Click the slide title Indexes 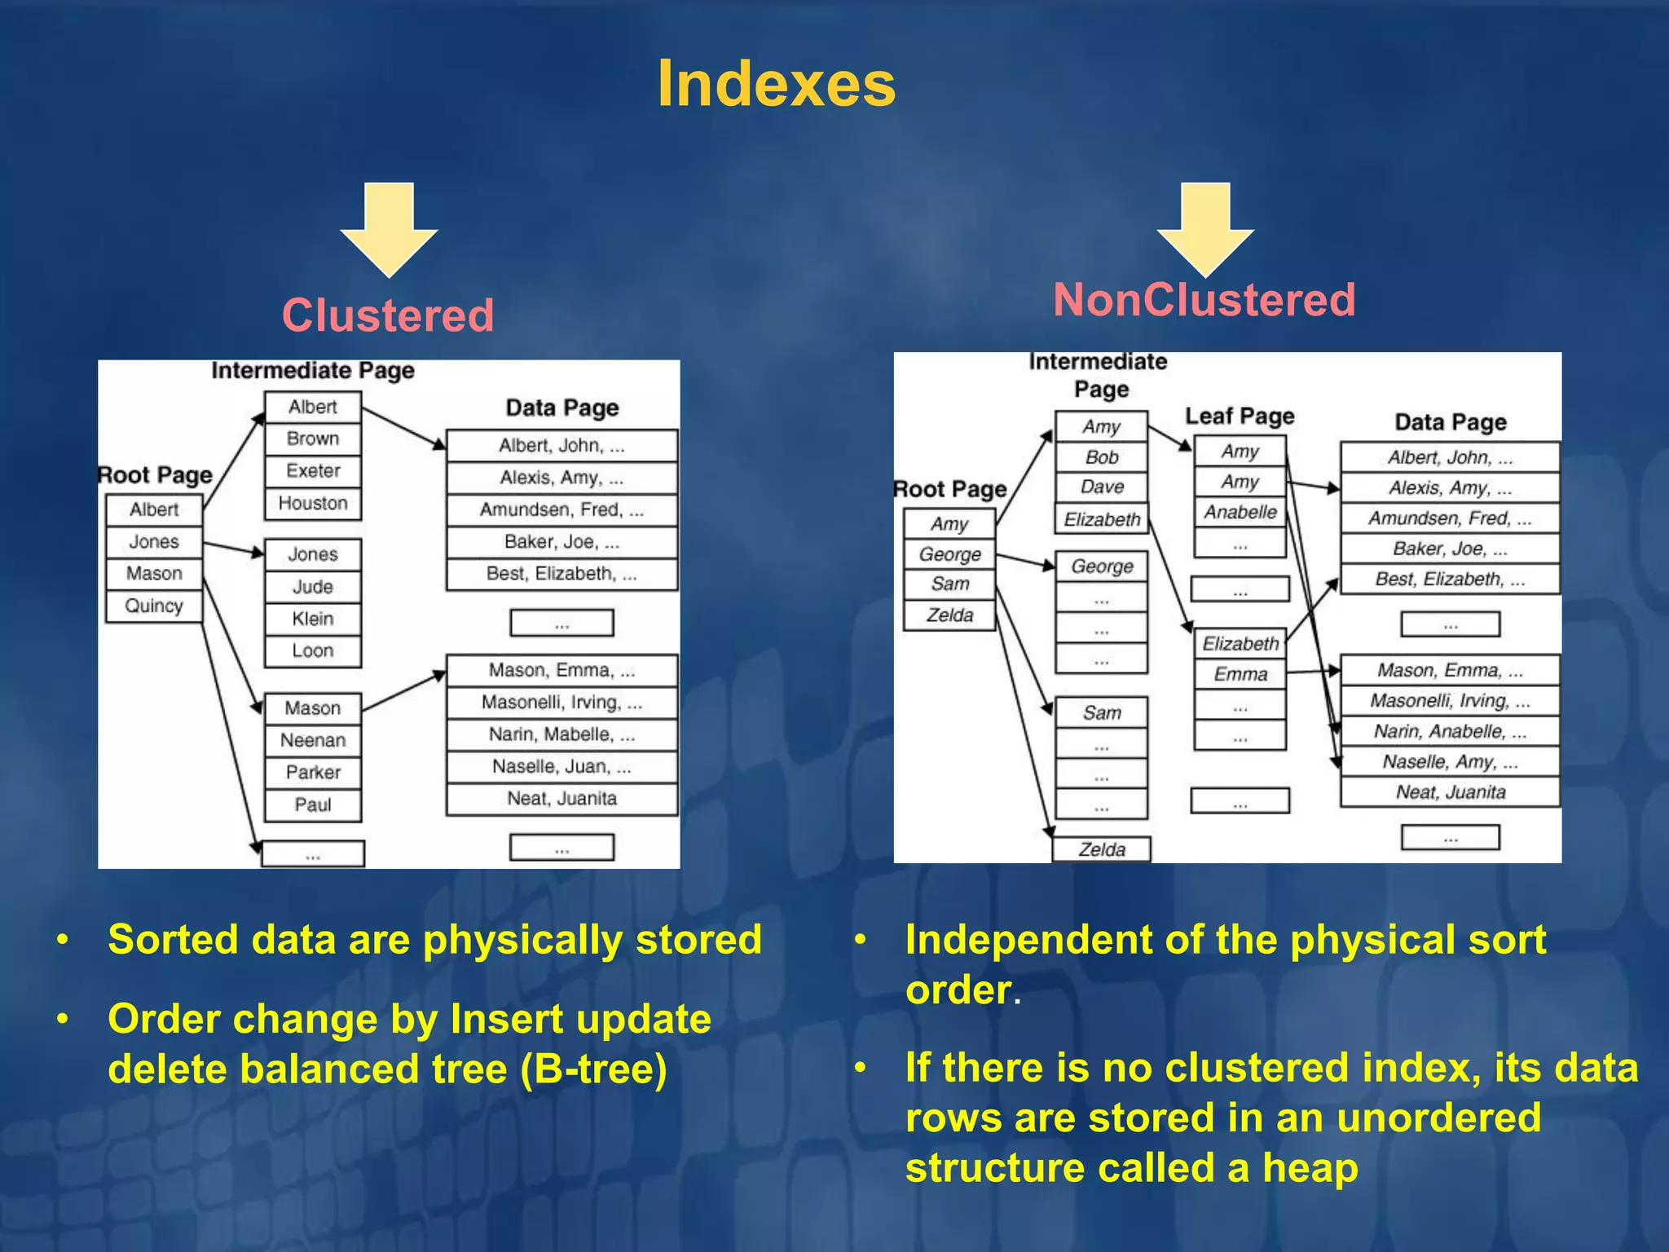pyautogui.click(x=776, y=84)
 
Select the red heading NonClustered pyautogui.click(x=1204, y=300)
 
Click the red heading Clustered pyautogui.click(x=388, y=315)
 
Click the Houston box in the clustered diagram pyautogui.click(x=313, y=504)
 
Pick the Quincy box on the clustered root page pyautogui.click(x=154, y=606)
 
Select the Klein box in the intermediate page pyautogui.click(x=313, y=619)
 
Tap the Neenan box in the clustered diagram pyautogui.click(x=313, y=741)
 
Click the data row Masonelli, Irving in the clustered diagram pyautogui.click(x=561, y=703)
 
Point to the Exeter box pyautogui.click(x=313, y=471)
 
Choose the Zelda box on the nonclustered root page pyautogui.click(x=950, y=615)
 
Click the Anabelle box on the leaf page pyautogui.click(x=1240, y=513)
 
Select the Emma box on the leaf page pyautogui.click(x=1240, y=675)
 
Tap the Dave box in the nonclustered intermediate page pyautogui.click(x=1102, y=487)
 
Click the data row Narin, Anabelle pyautogui.click(x=1450, y=732)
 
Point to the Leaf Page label pyautogui.click(x=1240, y=417)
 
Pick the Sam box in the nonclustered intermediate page pyautogui.click(x=1102, y=713)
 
